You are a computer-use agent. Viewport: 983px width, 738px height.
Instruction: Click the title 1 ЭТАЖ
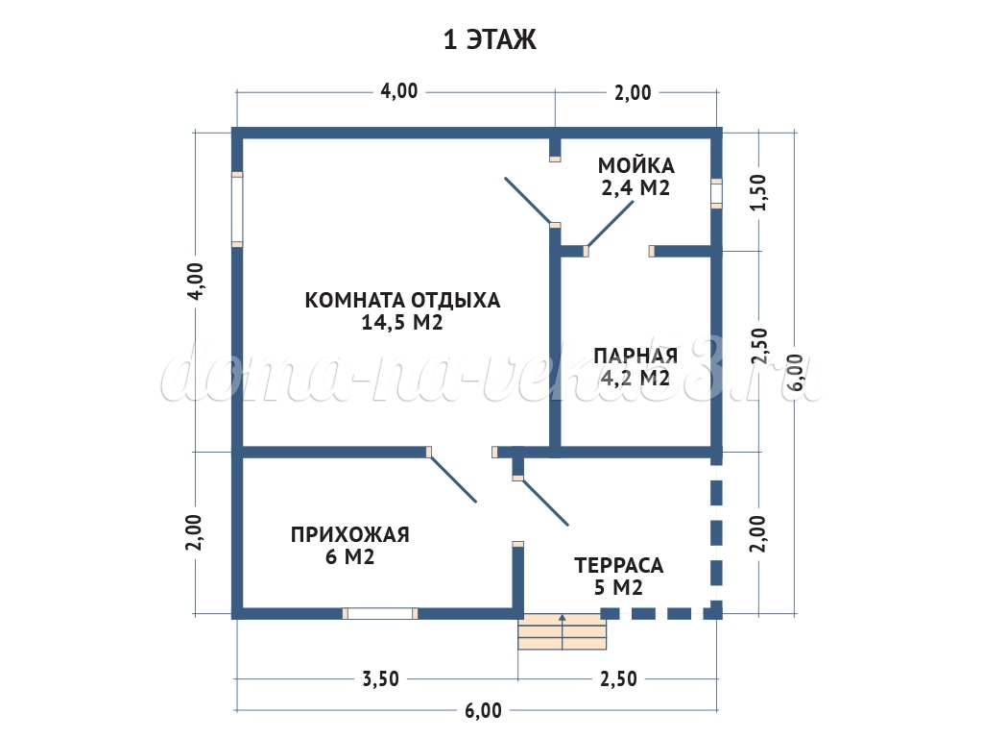pos(490,39)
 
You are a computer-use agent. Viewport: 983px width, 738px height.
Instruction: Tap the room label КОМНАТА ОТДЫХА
pos(402,300)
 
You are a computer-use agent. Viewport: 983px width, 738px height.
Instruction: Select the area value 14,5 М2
pos(402,323)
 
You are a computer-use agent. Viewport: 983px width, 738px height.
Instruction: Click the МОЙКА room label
pos(635,165)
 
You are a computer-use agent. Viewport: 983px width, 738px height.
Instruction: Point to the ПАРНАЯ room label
pos(635,356)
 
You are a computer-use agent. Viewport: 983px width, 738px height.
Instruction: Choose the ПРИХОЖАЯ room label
pos(349,534)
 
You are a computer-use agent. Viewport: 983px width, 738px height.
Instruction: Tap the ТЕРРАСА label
pos(619,565)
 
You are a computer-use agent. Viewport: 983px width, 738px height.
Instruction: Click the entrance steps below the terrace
pos(563,631)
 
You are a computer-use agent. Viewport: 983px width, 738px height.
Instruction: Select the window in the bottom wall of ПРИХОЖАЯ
pos(380,613)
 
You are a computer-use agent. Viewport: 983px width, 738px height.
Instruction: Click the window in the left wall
pos(237,209)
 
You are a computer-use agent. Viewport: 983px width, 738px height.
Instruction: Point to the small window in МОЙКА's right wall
pos(716,193)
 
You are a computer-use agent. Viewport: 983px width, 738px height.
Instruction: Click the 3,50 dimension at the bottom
pos(380,679)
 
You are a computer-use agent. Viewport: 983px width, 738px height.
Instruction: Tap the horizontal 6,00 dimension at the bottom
pos(484,710)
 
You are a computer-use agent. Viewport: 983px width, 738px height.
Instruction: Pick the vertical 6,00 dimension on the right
pos(796,373)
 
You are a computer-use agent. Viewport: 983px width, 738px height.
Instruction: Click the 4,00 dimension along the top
pos(398,91)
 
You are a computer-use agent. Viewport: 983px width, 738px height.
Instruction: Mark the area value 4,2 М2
pos(635,378)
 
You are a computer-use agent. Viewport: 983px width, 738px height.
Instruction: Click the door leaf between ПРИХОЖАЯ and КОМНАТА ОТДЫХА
pos(453,479)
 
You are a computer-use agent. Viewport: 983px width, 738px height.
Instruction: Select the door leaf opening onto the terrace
pos(545,502)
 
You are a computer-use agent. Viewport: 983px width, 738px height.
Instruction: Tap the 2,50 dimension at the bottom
pos(619,679)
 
